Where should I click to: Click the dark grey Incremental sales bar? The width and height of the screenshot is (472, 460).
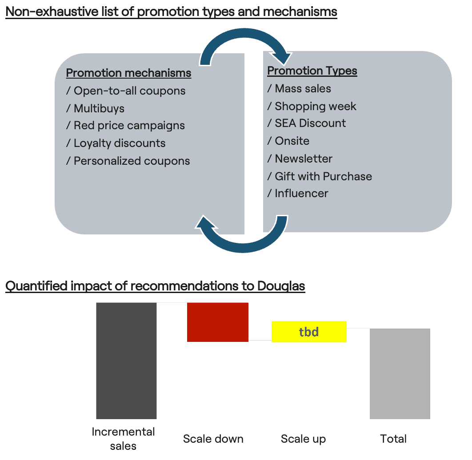pyautogui.click(x=126, y=361)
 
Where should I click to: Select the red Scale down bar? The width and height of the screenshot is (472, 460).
pyautogui.click(x=218, y=322)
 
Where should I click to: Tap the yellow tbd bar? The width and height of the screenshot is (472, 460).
pyautogui.click(x=309, y=332)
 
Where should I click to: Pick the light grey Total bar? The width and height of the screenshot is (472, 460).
pyautogui.click(x=400, y=374)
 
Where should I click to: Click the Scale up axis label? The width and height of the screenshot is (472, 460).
pyautogui.click(x=303, y=439)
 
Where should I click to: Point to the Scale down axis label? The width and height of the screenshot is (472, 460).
pyautogui.click(x=213, y=439)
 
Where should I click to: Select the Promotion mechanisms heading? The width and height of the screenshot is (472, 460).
pyautogui.click(x=128, y=73)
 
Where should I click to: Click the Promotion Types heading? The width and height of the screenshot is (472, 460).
pyautogui.click(x=312, y=71)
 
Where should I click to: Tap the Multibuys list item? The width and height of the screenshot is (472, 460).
pyautogui.click(x=95, y=108)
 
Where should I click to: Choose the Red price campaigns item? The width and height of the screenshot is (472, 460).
pyautogui.click(x=125, y=126)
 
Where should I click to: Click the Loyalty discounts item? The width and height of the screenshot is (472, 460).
pyautogui.click(x=116, y=143)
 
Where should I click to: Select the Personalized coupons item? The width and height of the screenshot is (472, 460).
pyautogui.click(x=128, y=161)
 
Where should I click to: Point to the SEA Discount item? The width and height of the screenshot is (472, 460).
pyautogui.click(x=306, y=123)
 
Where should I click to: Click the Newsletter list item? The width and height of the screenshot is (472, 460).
pyautogui.click(x=300, y=159)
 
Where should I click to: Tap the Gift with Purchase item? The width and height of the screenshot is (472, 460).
pyautogui.click(x=320, y=176)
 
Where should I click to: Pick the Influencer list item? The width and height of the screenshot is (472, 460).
pyautogui.click(x=298, y=194)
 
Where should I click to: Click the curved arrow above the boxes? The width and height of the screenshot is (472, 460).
pyautogui.click(x=244, y=34)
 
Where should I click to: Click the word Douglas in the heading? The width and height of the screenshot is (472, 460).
pyautogui.click(x=281, y=286)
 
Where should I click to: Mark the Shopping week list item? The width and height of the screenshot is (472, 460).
pyautogui.click(x=312, y=107)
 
